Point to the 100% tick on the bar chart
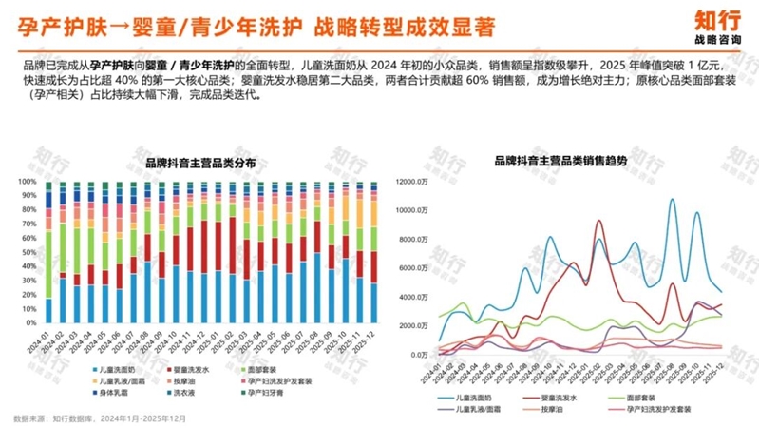point(27,181)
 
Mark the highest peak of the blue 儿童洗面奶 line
point(673,200)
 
